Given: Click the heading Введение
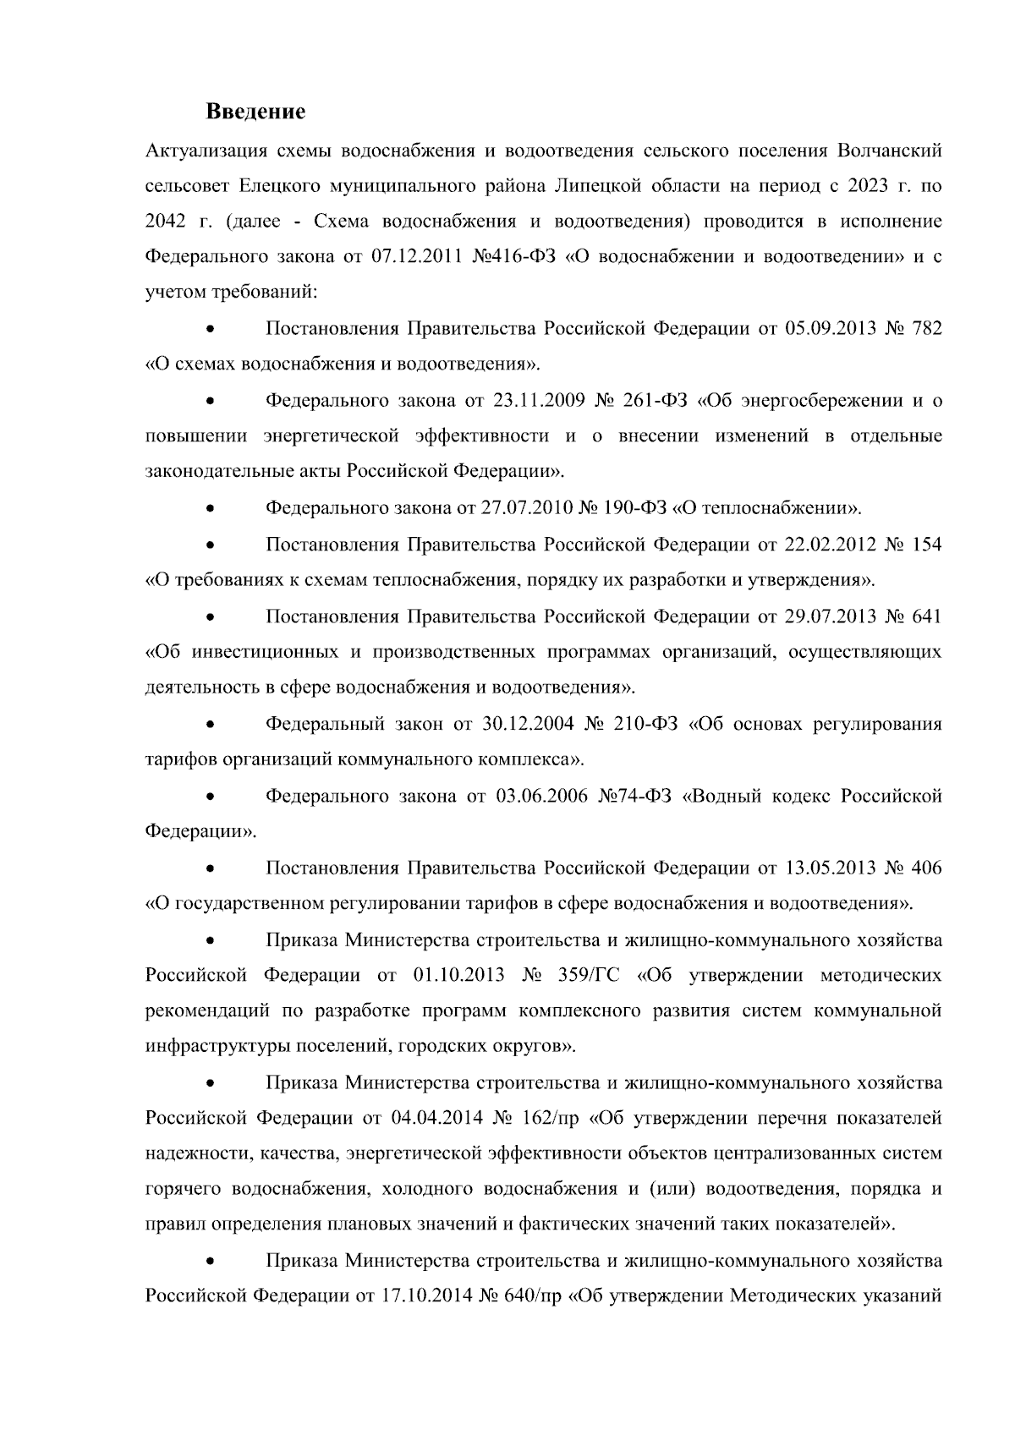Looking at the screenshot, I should pyautogui.click(x=255, y=112).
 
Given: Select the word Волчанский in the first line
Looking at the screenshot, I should pyautogui.click(x=888, y=151).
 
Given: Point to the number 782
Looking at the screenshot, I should pyautogui.click(x=926, y=328).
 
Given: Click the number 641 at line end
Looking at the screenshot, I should pyautogui.click(x=926, y=616).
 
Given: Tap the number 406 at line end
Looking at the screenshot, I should pyautogui.click(x=926, y=868).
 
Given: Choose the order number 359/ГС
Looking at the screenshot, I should pyautogui.click(x=589, y=975).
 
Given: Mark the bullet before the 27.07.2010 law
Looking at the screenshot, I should pyautogui.click(x=210, y=508).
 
